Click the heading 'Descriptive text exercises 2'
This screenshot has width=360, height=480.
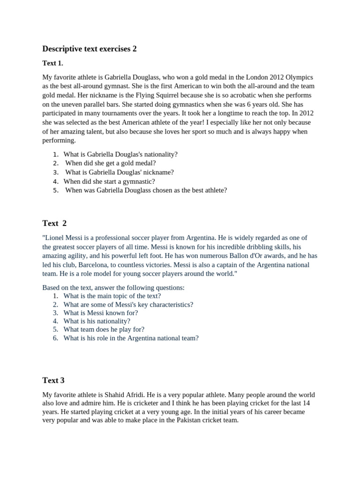[89, 49]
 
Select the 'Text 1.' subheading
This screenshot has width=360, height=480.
[52, 63]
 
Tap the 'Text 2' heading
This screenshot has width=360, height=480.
[54, 223]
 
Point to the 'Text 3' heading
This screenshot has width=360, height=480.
[53, 380]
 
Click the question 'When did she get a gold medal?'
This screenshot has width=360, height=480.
[110, 163]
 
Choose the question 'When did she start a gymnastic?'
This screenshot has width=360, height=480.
[109, 181]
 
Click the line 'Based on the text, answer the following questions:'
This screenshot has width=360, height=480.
[113, 287]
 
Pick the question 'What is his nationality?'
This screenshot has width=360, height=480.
[97, 321]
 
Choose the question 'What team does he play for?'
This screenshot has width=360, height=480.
[104, 330]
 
